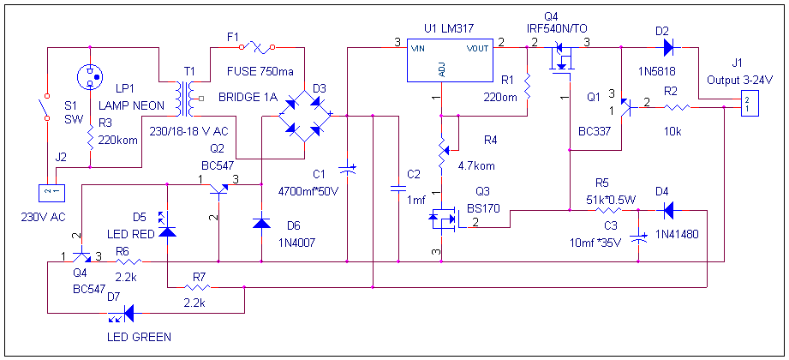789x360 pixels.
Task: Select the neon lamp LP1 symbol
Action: point(91,78)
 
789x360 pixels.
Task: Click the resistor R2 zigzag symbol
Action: point(678,107)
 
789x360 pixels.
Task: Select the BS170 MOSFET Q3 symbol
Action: point(444,219)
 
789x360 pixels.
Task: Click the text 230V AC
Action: point(43,216)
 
